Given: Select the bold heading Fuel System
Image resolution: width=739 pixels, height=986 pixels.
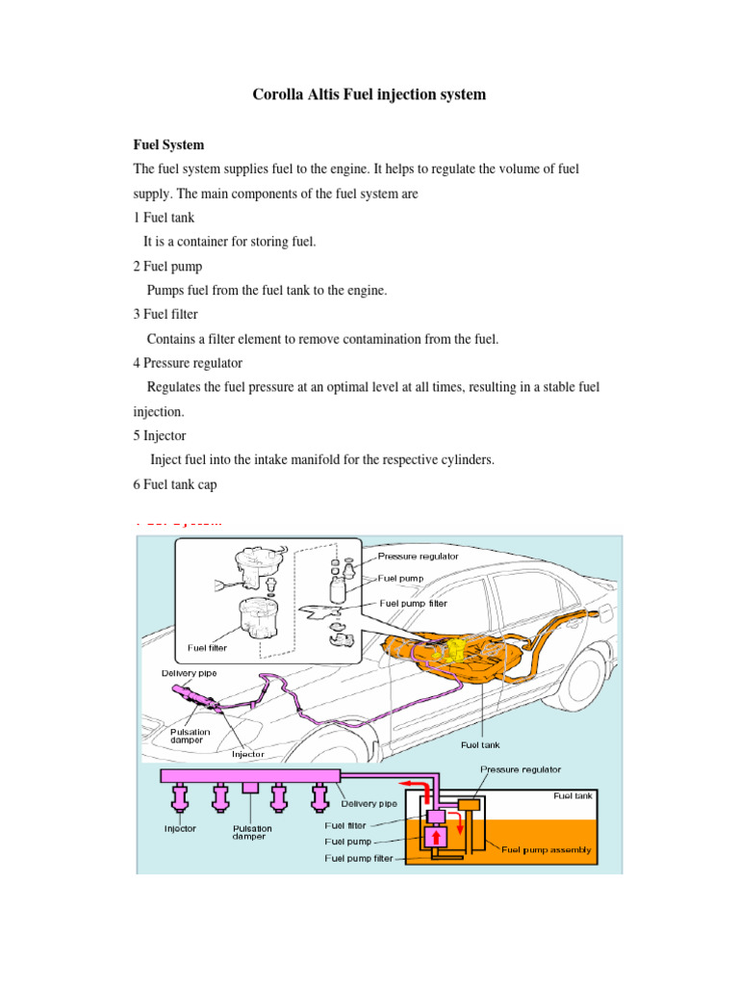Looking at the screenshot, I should tap(168, 144).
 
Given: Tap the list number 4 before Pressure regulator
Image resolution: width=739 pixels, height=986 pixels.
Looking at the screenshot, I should tap(137, 363).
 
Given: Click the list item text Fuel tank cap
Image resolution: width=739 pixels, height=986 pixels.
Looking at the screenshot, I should tap(180, 484).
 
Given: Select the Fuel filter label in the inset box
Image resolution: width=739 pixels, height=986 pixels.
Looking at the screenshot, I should tap(207, 648).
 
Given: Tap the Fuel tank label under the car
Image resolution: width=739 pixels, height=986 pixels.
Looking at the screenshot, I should tap(480, 744).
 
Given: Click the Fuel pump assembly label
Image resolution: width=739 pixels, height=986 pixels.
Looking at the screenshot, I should tap(546, 850).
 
